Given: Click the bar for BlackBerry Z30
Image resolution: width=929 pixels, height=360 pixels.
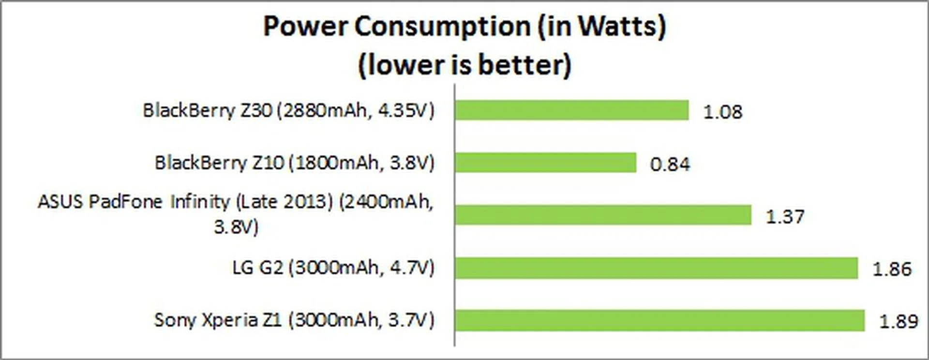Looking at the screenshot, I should (x=571, y=110).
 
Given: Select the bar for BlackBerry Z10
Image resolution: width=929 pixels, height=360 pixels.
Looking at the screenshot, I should (x=545, y=163).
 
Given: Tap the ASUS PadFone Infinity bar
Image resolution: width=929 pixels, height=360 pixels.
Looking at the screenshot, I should (x=603, y=215).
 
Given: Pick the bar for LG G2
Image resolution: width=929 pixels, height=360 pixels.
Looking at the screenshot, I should (x=656, y=268).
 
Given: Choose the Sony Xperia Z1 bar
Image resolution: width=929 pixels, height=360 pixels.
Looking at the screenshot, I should (x=659, y=320).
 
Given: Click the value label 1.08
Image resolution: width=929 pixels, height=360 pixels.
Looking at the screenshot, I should (x=722, y=112).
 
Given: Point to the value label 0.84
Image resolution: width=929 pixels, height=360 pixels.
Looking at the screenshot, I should (x=670, y=165).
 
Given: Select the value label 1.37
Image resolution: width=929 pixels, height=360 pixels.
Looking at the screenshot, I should (x=785, y=216).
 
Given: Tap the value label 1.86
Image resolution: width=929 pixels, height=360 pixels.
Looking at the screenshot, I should (x=892, y=269).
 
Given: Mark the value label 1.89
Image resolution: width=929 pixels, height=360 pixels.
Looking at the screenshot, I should (x=899, y=321).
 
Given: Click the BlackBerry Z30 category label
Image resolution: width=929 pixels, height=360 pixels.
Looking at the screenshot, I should (x=288, y=111).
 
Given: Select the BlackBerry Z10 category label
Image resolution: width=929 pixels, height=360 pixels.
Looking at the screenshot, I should (x=294, y=163).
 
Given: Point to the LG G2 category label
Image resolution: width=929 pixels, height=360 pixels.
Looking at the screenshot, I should (x=333, y=268).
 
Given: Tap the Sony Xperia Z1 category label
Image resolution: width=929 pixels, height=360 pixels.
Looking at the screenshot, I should (x=294, y=320).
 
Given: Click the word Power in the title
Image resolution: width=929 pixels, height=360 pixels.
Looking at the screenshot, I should (x=306, y=27).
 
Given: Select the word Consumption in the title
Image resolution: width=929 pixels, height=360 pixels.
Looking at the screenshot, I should (x=443, y=27).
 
